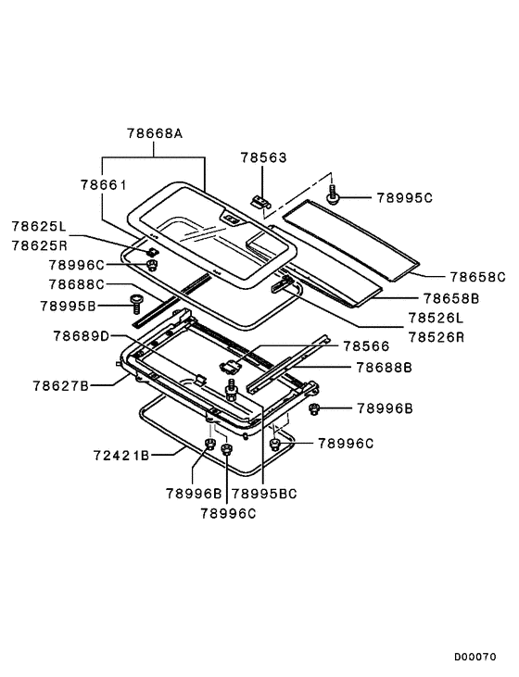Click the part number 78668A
click(x=155, y=133)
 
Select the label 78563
click(x=263, y=157)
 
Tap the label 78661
click(x=104, y=185)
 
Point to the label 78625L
click(x=39, y=226)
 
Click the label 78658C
click(x=477, y=276)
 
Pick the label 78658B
click(x=451, y=298)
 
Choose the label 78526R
click(x=436, y=337)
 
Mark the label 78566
click(x=366, y=345)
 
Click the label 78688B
click(x=385, y=368)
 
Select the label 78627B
click(x=60, y=385)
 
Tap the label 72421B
click(x=121, y=455)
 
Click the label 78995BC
click(x=264, y=493)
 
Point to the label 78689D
click(x=82, y=335)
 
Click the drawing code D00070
click(x=475, y=657)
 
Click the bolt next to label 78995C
click(x=333, y=194)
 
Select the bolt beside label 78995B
click(x=136, y=304)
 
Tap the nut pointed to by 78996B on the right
click(x=314, y=408)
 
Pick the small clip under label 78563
click(x=259, y=201)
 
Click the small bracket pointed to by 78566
click(x=230, y=366)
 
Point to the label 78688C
click(x=77, y=284)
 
